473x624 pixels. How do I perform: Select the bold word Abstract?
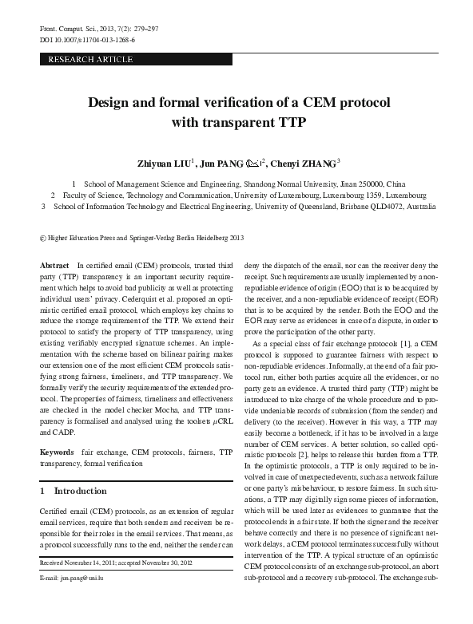tap(54, 264)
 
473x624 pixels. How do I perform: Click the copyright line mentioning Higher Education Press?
tap(136, 237)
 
